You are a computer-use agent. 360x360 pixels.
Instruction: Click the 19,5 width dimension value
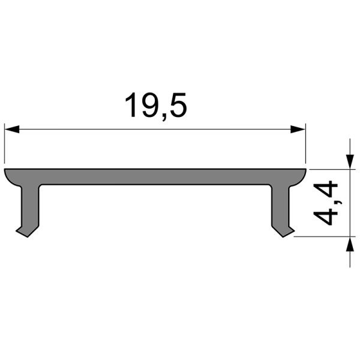point(155,106)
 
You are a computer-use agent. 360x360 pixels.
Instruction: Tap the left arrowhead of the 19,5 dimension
point(12,129)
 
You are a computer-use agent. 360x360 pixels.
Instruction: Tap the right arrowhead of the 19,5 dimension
point(298,129)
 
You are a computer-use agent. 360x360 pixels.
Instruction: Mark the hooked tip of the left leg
point(23,232)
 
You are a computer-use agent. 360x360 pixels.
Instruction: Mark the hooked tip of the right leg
point(287,232)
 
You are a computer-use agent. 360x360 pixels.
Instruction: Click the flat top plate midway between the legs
point(155,176)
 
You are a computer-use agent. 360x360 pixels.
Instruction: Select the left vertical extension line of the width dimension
point(5,144)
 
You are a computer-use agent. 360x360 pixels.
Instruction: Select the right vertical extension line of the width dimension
point(306,144)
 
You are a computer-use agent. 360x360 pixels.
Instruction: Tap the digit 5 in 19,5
point(178,106)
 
